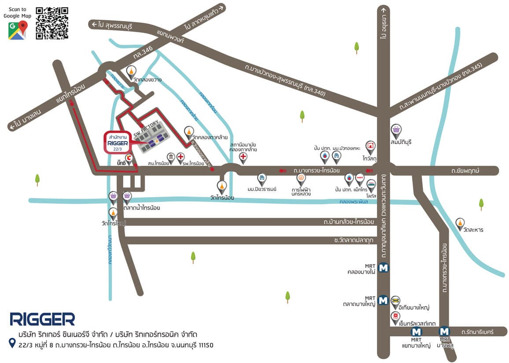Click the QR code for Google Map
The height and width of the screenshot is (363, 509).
click(52, 23)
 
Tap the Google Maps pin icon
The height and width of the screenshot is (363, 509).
click(17, 30)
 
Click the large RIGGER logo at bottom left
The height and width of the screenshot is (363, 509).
click(42, 319)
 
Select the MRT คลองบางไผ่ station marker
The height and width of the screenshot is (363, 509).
click(384, 267)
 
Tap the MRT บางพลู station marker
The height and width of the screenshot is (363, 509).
click(444, 331)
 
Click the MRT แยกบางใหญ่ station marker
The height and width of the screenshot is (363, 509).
click(415, 331)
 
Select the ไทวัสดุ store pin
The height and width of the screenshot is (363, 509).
click(370, 146)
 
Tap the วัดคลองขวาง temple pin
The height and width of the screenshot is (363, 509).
click(131, 71)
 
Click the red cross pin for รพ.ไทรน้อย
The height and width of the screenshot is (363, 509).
click(181, 158)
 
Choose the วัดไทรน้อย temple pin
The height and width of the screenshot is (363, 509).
click(221, 187)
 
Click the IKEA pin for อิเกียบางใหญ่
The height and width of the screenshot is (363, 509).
click(395, 301)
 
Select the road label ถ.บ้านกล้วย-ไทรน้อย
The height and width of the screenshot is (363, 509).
click(349, 222)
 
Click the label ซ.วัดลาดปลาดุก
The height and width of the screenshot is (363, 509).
click(354, 240)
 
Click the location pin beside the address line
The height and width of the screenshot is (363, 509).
click(12, 343)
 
